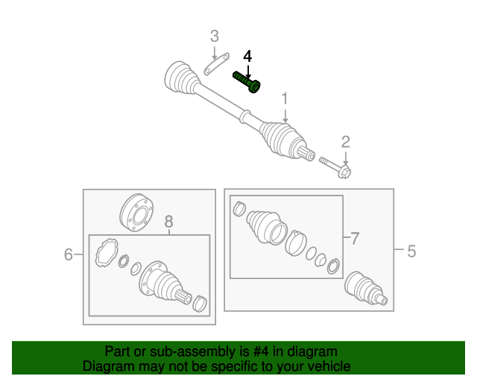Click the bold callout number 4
(247, 57)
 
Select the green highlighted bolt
(247, 81)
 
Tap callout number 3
(215, 37)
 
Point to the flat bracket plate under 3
(216, 64)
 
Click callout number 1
(285, 98)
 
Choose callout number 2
(346, 143)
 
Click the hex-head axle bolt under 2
(335, 167)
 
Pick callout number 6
(69, 254)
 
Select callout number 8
(169, 222)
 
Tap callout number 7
(355, 238)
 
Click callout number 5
(411, 251)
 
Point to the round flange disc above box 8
(136, 213)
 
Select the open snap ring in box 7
(333, 266)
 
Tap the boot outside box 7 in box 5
(366, 289)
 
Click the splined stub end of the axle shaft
(306, 153)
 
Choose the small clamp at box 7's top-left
(239, 209)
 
